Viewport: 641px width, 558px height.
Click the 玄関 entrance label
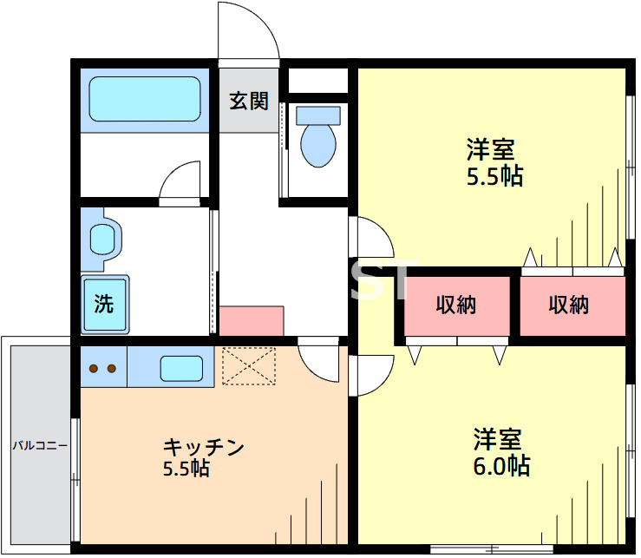click(248, 101)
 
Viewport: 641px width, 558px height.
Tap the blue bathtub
click(145, 99)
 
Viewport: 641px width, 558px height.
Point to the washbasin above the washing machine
click(103, 237)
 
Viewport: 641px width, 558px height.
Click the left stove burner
click(94, 367)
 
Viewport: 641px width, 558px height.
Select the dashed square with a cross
click(248, 365)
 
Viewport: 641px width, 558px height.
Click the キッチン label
click(205, 447)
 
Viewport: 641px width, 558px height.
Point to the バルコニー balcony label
click(40, 447)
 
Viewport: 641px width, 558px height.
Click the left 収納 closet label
click(456, 305)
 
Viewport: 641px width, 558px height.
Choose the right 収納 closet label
click(569, 305)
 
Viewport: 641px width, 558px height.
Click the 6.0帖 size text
click(501, 466)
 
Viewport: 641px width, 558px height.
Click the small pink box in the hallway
click(251, 320)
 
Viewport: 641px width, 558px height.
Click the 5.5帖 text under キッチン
click(186, 469)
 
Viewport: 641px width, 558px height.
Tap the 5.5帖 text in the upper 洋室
click(494, 176)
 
